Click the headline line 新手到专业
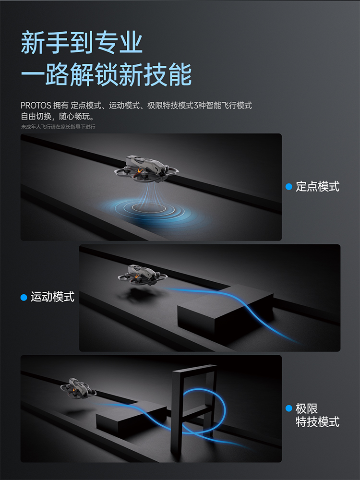click(x=82, y=43)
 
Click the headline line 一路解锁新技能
click(x=106, y=74)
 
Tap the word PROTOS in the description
click(x=36, y=106)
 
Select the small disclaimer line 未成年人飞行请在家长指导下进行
click(x=58, y=127)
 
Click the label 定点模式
click(x=317, y=186)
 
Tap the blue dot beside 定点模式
click(x=288, y=187)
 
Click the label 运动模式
click(x=52, y=297)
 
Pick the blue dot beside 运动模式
click(x=24, y=297)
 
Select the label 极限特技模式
click(x=317, y=415)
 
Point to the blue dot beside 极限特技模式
click(x=288, y=408)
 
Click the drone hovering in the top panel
click(x=146, y=169)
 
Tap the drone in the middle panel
click(x=143, y=275)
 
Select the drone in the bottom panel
click(x=78, y=389)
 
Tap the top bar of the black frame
click(x=195, y=368)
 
